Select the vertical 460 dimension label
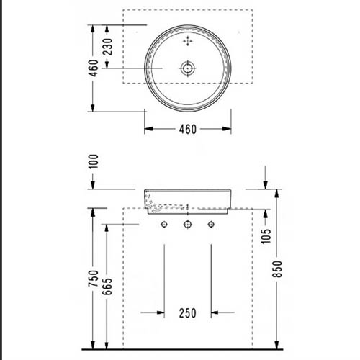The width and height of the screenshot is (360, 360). (94, 68)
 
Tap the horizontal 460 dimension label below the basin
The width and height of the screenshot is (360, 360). (188, 130)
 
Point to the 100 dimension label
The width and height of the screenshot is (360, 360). (94, 161)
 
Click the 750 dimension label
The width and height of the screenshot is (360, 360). (94, 279)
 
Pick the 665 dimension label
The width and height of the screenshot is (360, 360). (107, 287)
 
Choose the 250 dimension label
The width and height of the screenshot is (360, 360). (188, 313)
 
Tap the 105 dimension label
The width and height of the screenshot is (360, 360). (266, 236)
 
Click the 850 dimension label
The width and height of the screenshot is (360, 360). (277, 269)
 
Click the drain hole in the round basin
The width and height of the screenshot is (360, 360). (187, 68)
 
